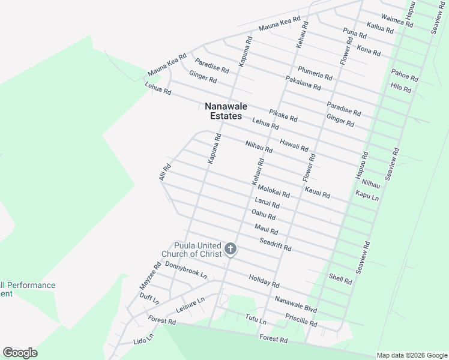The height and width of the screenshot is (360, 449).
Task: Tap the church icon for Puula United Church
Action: (x=230, y=248)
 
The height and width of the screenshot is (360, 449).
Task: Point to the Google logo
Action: (x=20, y=353)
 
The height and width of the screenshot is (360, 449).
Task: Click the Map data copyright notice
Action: (x=412, y=355)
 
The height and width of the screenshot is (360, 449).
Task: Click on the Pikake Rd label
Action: (x=283, y=115)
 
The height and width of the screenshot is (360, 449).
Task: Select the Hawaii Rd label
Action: (x=294, y=145)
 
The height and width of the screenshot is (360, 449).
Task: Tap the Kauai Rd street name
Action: (x=318, y=192)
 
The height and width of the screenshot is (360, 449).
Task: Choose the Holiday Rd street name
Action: (x=264, y=280)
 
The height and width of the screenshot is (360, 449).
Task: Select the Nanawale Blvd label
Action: (x=296, y=304)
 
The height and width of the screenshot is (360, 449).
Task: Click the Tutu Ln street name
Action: (x=255, y=319)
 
